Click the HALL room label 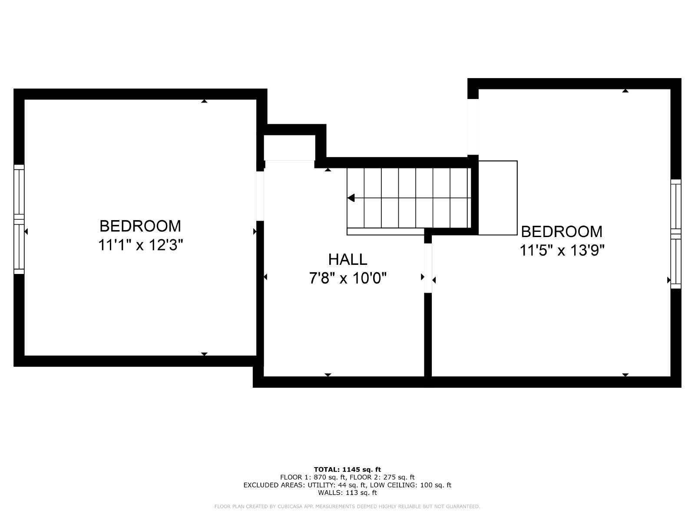[347, 260]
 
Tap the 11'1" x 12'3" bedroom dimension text [141, 245]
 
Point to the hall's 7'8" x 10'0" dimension [347, 278]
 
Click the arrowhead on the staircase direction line [351, 198]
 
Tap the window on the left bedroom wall [19, 219]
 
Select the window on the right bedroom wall [676, 234]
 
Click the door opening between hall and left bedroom [260, 196]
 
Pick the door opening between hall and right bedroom [428, 268]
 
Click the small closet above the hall [289, 148]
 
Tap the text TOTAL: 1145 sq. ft [347, 469]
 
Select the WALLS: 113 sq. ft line [347, 492]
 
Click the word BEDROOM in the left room [140, 226]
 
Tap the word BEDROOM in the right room [562, 231]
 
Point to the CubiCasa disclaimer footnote [347, 506]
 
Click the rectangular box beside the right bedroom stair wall [498, 198]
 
